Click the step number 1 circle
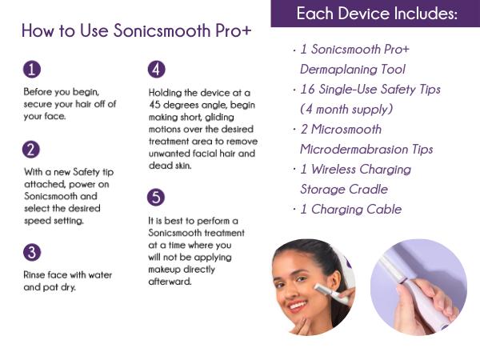(31, 70)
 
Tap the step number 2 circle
(31, 148)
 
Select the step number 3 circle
(31, 253)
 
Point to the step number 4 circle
(157, 70)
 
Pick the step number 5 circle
(157, 197)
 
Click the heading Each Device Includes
(377, 14)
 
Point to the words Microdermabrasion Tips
(366, 150)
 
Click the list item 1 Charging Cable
(350, 210)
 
